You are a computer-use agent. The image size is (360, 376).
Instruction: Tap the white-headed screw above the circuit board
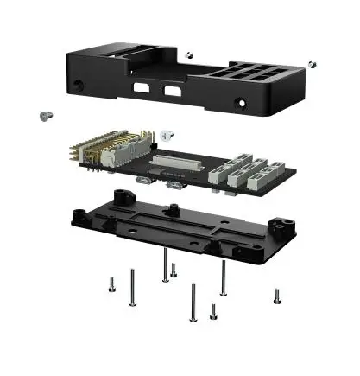[167, 136]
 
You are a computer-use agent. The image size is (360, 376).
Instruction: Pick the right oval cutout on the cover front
[174, 92]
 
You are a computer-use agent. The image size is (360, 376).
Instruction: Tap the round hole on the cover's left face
[80, 86]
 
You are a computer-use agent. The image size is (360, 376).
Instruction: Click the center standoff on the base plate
[174, 210]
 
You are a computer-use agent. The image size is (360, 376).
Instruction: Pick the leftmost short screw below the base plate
[111, 284]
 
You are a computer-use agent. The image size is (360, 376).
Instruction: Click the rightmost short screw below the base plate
[276, 296]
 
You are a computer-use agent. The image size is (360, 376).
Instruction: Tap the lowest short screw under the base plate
[212, 310]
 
